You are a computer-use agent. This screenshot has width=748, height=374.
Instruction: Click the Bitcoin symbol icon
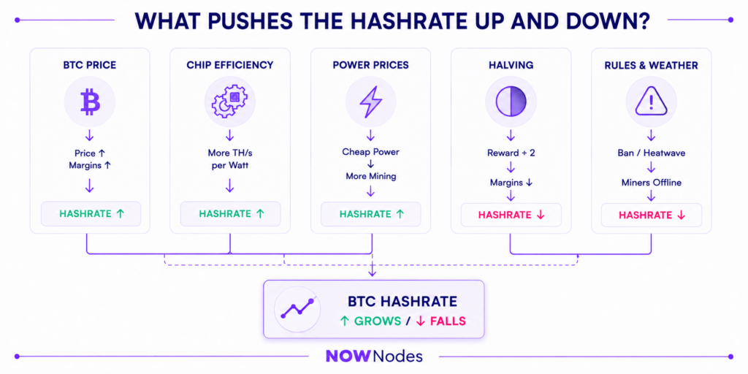coord(90,102)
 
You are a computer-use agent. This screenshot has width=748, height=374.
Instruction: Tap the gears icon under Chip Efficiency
coord(229,102)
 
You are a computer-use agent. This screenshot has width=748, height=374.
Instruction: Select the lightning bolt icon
coord(370,102)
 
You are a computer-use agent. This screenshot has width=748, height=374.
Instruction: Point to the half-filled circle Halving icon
coord(511,102)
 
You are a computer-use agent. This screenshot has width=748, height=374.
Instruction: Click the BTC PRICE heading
coord(90,65)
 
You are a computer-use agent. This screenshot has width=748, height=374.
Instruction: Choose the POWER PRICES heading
coord(370,65)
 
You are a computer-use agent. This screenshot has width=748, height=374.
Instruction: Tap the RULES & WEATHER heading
coord(651,65)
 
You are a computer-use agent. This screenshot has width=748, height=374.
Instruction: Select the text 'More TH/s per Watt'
coord(229,159)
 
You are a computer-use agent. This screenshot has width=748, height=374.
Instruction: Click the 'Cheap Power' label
coord(370,152)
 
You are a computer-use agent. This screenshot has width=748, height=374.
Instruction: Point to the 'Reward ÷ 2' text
coord(511,153)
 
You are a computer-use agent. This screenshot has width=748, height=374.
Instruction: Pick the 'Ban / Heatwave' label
coord(651,153)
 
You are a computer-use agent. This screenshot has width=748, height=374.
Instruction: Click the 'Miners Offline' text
coord(651,183)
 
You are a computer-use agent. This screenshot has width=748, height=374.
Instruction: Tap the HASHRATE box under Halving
coord(511,215)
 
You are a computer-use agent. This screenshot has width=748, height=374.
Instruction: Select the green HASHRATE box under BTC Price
coord(91,214)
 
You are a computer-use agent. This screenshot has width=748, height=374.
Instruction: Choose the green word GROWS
coord(378,321)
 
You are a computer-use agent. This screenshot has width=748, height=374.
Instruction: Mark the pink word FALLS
coord(448,321)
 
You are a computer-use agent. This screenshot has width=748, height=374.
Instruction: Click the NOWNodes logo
coord(374,356)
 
